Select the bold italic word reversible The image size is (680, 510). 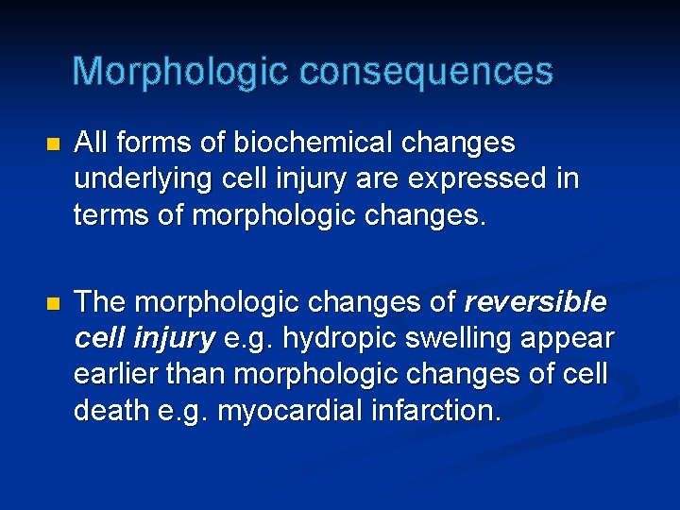536,302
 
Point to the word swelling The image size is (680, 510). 445,338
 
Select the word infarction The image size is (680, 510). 439,410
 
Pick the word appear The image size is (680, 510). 568,338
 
